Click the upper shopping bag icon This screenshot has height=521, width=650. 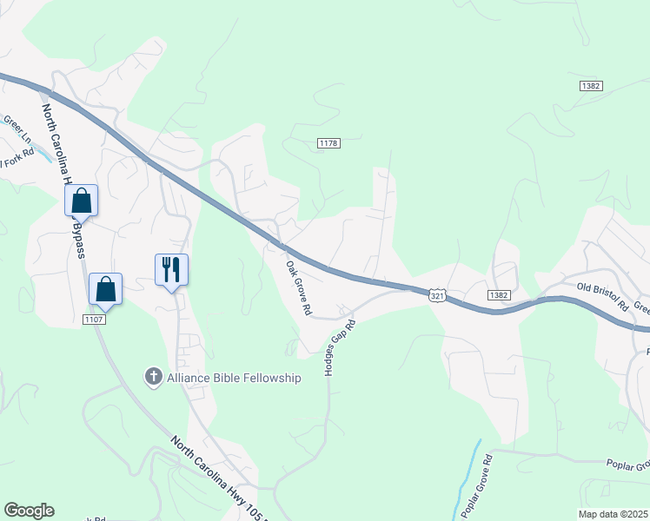coord(81,201)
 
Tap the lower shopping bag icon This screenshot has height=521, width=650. coord(105,289)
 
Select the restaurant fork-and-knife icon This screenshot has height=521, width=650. coord(171,269)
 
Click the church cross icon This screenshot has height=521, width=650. coord(153,377)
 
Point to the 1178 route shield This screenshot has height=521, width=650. coord(328,143)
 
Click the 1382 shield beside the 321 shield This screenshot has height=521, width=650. coord(498,295)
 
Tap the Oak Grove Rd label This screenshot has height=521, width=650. coord(298,288)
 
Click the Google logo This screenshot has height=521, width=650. coord(29,511)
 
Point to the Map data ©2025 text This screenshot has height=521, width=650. coord(614,514)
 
